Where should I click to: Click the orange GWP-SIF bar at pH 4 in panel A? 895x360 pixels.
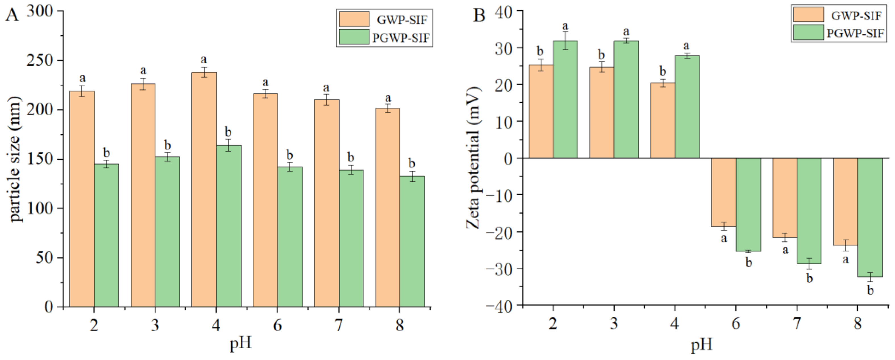(204, 190)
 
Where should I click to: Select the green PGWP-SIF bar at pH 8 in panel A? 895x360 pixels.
(412, 242)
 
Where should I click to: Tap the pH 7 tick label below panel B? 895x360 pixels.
(797, 324)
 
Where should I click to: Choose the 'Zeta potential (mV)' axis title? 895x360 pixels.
(473, 158)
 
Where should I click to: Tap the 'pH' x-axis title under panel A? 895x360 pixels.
(241, 344)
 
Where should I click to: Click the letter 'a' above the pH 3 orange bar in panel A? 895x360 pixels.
(143, 70)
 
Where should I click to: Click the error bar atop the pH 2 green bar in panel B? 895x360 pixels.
(565, 41)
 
